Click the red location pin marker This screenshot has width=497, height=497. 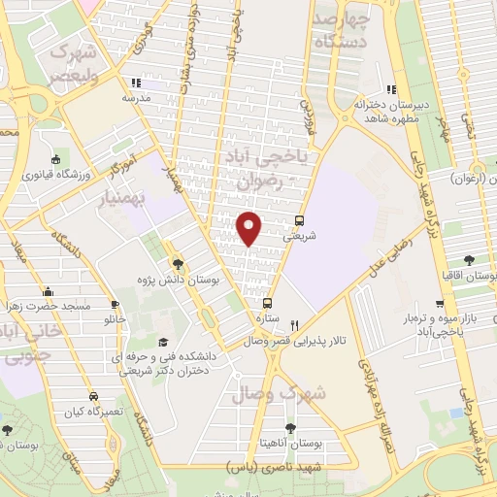click(249, 226)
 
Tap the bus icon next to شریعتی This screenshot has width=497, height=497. click(300, 220)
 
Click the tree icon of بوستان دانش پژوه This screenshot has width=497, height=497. click(178, 262)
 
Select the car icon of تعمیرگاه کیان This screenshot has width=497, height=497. click(93, 396)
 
